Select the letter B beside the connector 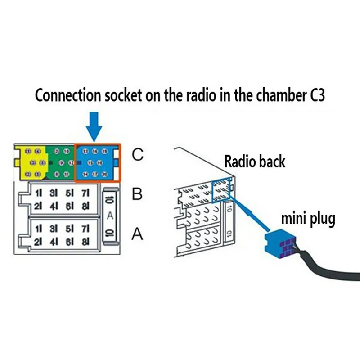pyautogui.click(x=137, y=194)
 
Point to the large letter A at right pyautogui.click(x=138, y=234)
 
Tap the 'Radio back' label pyautogui.click(x=254, y=161)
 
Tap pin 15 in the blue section pyautogui.click(x=90, y=162)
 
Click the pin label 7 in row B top pyautogui.click(x=85, y=193)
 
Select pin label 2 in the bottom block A pyautogui.click(x=38, y=242)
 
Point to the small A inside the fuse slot pyautogui.click(x=110, y=216)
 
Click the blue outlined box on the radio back pyautogui.click(x=221, y=189)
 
